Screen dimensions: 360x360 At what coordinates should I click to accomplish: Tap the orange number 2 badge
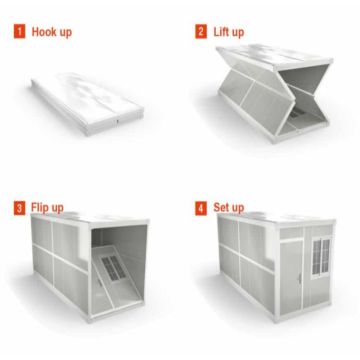click(x=200, y=33)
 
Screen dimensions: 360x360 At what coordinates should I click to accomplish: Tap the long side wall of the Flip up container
click(x=60, y=265)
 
